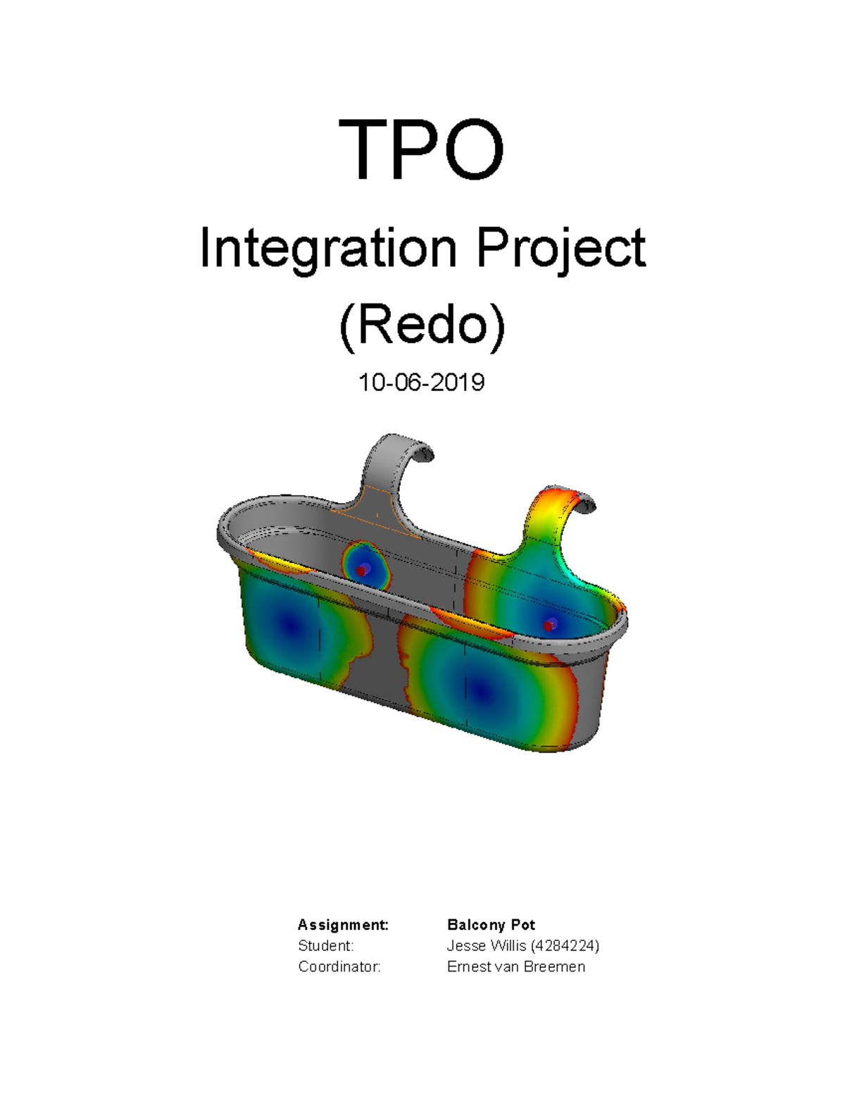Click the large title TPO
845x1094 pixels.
point(421,151)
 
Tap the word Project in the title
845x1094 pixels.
point(561,250)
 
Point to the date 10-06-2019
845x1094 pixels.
point(421,383)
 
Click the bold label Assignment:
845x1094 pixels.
point(343,925)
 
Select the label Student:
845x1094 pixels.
point(325,945)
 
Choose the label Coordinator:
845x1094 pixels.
point(339,966)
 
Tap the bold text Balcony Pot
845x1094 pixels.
point(491,925)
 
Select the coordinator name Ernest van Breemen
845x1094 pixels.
point(515,966)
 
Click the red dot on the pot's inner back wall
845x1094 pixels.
point(361,571)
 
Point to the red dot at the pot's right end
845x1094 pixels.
point(549,626)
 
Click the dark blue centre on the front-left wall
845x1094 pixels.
point(287,623)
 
